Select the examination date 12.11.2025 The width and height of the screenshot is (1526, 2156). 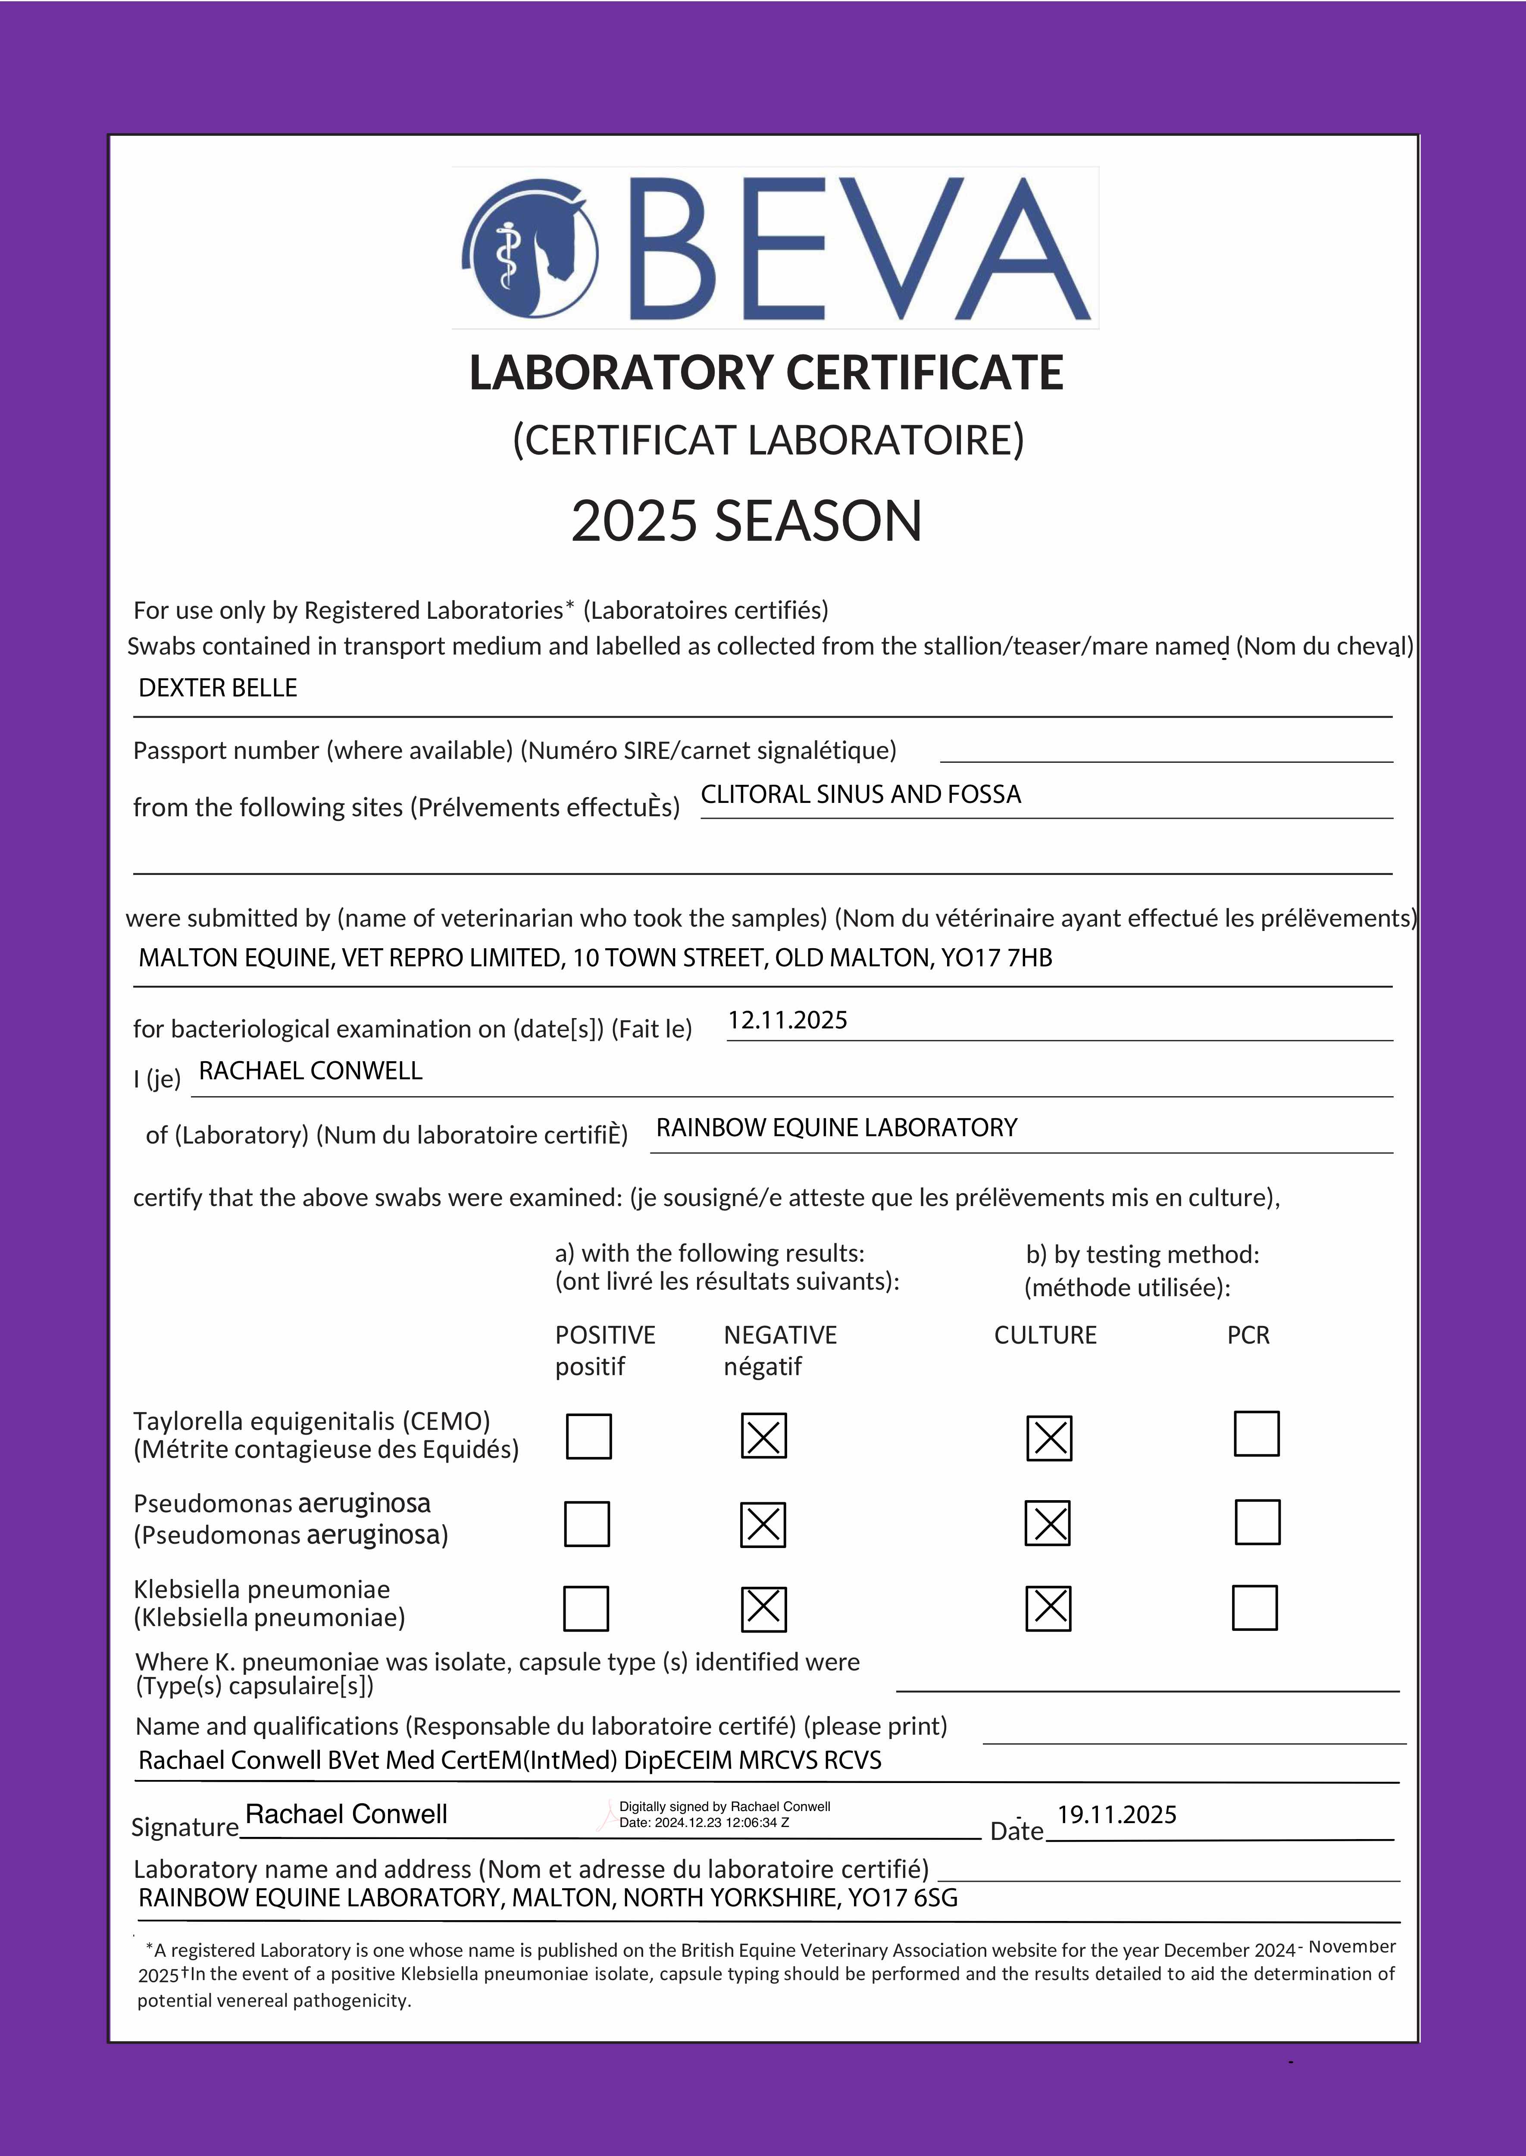pyautogui.click(x=788, y=1021)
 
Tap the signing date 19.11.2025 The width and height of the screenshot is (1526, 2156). pyautogui.click(x=1116, y=1815)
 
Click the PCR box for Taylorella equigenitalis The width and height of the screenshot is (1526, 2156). pyautogui.click(x=1256, y=1434)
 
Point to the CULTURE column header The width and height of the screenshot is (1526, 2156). pyautogui.click(x=1045, y=1335)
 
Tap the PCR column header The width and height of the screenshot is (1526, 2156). pyautogui.click(x=1248, y=1335)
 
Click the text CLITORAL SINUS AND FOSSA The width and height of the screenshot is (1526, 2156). pyautogui.click(x=861, y=795)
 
